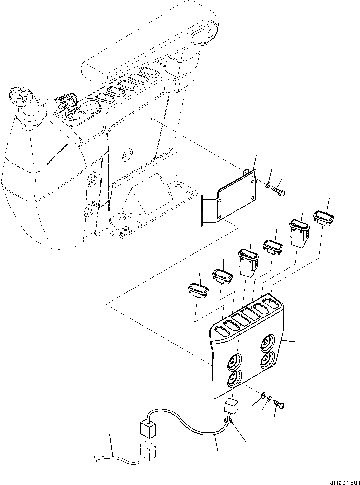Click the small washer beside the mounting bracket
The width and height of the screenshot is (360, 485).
tap(267, 185)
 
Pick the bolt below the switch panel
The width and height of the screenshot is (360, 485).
tap(279, 404)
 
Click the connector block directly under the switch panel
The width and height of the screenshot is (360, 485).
tap(231, 407)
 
